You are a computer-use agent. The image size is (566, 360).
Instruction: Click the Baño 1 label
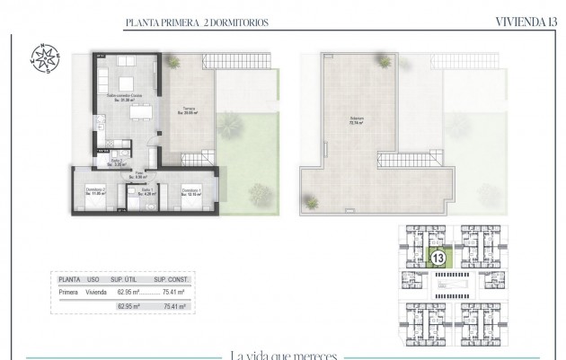coord(145,190)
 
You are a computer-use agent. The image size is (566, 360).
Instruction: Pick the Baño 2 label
coord(116,162)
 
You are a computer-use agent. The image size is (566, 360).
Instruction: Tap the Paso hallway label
coord(138,174)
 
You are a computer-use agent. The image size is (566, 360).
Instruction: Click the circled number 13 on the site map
coord(439,258)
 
